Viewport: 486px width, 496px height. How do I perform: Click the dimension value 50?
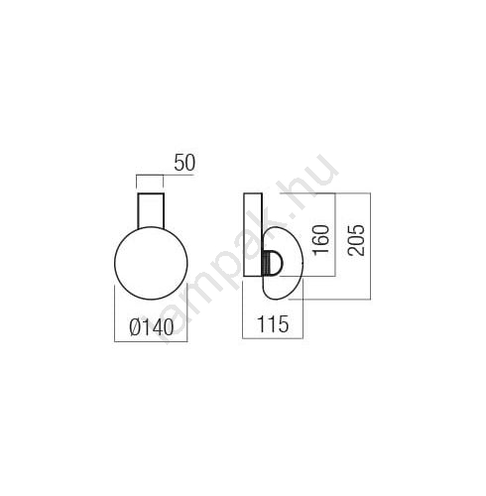coord(184,163)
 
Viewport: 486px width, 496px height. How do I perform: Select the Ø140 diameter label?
coord(152,327)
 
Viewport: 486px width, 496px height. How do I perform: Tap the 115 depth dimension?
coord(273,324)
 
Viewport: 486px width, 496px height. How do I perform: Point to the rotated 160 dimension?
coord(321,240)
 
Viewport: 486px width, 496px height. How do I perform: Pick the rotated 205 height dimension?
coord(356,240)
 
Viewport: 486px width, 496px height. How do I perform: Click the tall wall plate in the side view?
coord(253,234)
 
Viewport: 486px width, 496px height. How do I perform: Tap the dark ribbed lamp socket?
coord(266,262)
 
